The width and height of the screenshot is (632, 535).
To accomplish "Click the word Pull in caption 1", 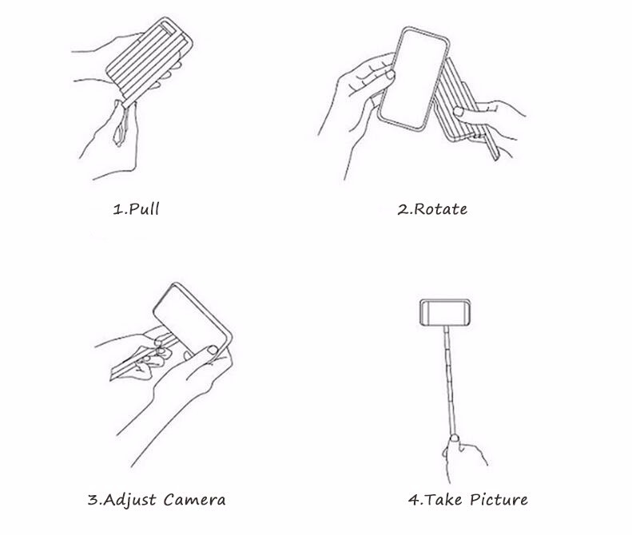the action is point(145,208).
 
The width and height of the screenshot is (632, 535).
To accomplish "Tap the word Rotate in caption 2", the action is point(440,209).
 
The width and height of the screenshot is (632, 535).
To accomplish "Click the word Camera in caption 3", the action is point(195,500).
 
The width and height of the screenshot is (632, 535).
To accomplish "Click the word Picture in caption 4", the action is point(499,500).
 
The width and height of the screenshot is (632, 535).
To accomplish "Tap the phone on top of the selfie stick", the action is point(445,312).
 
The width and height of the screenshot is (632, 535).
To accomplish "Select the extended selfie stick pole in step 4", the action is point(450,381).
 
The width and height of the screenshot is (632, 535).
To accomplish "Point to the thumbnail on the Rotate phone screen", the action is point(390,74).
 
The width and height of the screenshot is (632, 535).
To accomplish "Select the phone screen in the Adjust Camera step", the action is point(189,318).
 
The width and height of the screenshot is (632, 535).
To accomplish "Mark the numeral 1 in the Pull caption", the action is point(117,209).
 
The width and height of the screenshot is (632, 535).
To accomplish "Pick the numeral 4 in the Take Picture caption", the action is point(414,500).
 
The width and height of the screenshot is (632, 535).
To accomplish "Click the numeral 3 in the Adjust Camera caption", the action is point(93,500).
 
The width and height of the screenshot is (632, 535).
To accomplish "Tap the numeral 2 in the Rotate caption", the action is point(403,209).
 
